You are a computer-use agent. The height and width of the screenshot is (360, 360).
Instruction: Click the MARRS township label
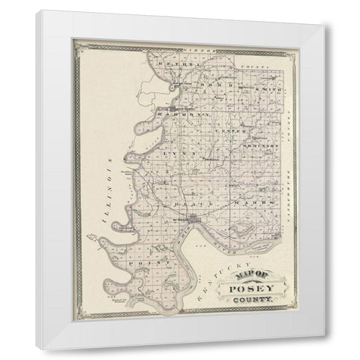[244, 203]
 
